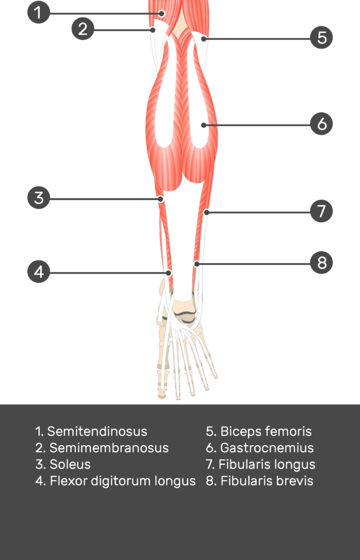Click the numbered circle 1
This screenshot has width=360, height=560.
38,13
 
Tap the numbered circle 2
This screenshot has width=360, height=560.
83,29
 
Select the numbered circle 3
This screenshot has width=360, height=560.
38,198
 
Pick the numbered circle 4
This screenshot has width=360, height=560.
38,272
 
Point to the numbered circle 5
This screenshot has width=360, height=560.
322,38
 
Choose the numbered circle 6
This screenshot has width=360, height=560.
322,124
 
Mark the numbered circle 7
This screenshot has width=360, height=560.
322,211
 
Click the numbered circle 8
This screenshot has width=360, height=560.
322,263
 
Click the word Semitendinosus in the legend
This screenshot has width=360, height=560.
97,431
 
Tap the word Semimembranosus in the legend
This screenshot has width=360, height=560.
109,448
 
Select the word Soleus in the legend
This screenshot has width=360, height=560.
70,464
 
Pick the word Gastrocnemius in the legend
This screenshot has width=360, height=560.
267,448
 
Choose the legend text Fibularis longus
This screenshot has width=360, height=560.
267,465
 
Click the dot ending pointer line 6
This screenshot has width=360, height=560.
204,125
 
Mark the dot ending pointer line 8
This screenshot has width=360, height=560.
196,264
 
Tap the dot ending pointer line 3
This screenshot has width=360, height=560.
161,199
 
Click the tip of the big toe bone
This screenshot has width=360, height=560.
162,397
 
